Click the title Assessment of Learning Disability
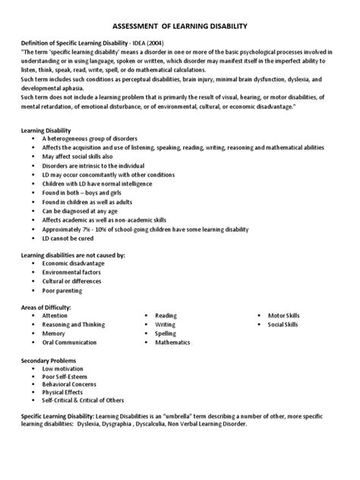(x=180, y=26)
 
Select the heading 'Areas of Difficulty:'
(x=47, y=306)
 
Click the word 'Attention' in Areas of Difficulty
(x=55, y=314)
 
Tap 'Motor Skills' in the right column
(x=283, y=314)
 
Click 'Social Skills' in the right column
(x=283, y=324)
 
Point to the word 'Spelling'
(x=166, y=333)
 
